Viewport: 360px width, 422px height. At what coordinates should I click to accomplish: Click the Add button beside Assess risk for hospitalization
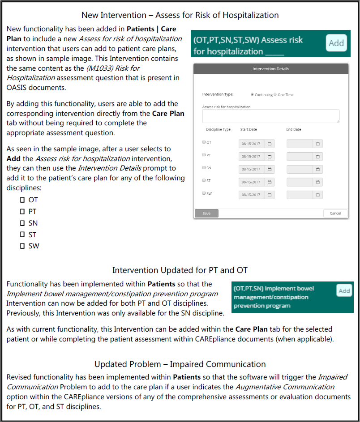[336, 43]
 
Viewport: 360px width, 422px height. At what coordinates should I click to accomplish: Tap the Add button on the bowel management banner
[344, 290]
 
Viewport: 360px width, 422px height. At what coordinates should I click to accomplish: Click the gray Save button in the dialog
[206, 213]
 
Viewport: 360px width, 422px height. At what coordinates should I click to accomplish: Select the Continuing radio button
[253, 95]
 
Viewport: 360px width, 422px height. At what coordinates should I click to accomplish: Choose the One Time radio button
[275, 95]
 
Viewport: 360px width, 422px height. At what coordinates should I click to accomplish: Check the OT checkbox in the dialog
[204, 142]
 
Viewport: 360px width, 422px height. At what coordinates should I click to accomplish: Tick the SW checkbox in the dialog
[204, 193]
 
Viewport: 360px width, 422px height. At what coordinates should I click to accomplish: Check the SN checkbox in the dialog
[204, 168]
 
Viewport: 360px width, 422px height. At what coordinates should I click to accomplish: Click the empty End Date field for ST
[300, 182]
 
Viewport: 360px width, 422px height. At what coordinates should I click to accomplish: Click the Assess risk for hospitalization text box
[270, 116]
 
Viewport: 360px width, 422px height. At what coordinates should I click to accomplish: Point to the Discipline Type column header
[218, 130]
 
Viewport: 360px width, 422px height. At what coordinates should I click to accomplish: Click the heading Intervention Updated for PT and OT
[180, 270]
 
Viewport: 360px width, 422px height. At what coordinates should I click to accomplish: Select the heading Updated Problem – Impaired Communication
[180, 364]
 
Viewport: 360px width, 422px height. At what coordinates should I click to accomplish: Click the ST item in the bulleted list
[32, 234]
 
